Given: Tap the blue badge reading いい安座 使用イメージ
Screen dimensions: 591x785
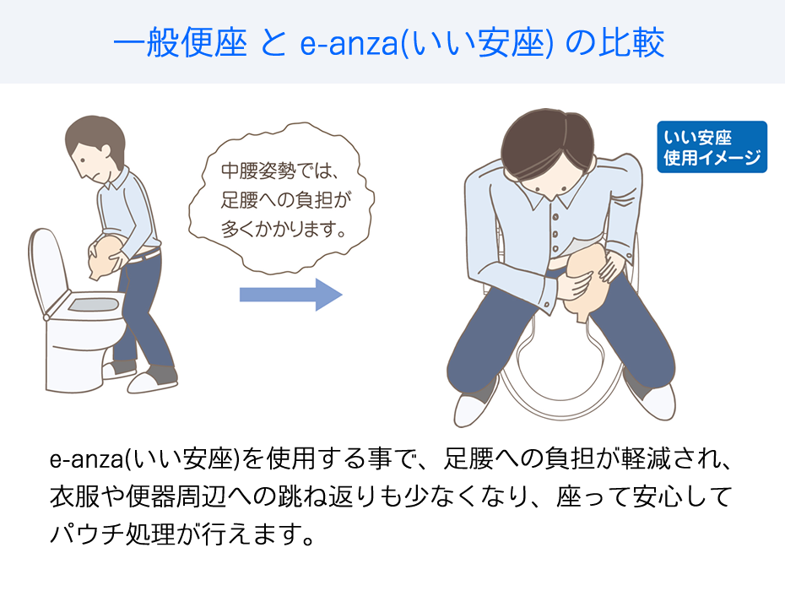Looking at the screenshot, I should (x=712, y=147).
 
